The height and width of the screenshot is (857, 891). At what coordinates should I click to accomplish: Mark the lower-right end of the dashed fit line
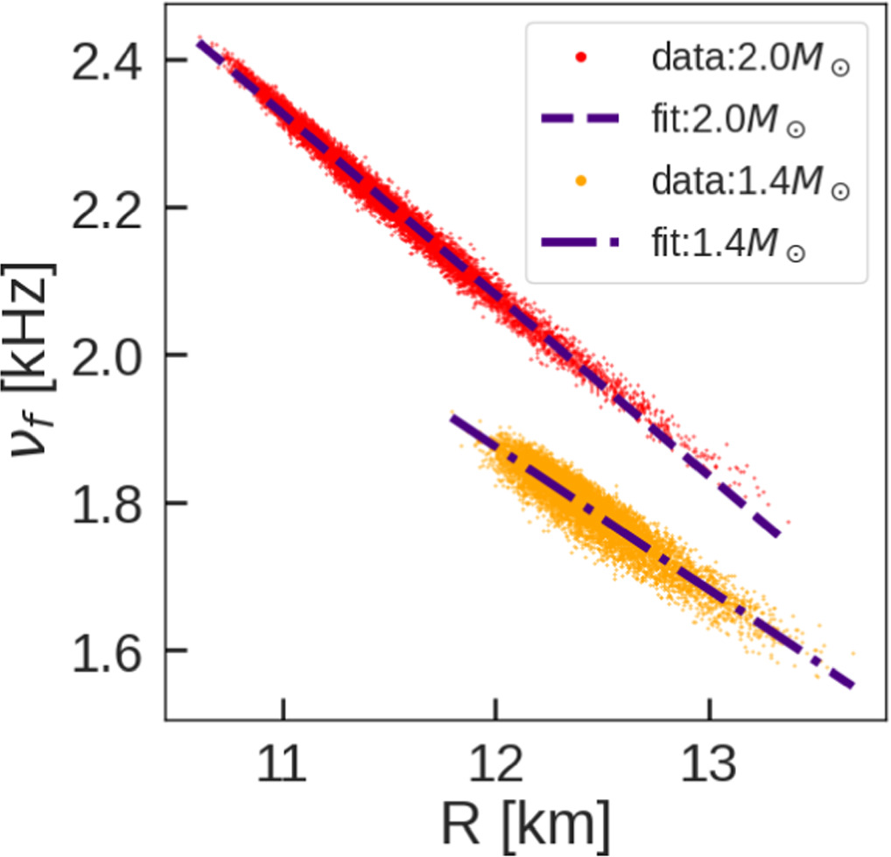pos(779,534)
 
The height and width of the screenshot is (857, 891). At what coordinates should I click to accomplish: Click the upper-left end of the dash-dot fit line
pos(452,418)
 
